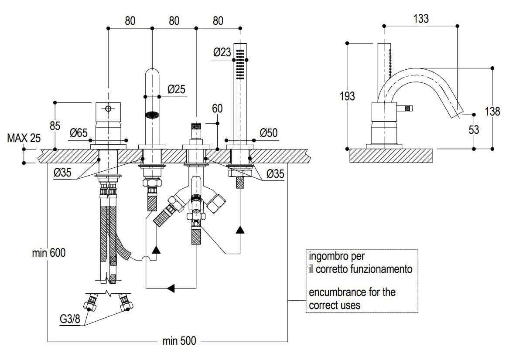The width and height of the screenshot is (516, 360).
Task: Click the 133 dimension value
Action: (x=420, y=18)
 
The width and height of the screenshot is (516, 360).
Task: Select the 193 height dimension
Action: (x=347, y=96)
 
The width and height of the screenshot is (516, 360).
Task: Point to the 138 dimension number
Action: (x=492, y=111)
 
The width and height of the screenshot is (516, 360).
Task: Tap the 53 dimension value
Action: (x=473, y=130)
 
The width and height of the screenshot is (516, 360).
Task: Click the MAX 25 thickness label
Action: (x=24, y=139)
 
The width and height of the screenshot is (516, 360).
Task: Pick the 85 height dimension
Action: (x=55, y=126)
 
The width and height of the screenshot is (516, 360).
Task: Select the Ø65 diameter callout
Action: (x=79, y=133)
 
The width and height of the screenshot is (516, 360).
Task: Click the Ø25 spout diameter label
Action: (x=176, y=89)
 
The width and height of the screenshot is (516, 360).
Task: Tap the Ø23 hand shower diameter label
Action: (x=222, y=52)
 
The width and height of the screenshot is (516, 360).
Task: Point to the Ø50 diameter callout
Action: (x=268, y=132)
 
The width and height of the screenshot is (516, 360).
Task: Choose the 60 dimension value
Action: (x=218, y=108)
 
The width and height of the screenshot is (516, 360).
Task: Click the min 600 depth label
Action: (x=48, y=252)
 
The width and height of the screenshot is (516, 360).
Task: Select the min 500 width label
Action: (x=179, y=341)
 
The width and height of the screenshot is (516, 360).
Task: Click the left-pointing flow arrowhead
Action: (x=171, y=288)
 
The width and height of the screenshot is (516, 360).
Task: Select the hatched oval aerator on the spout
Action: (x=152, y=115)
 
